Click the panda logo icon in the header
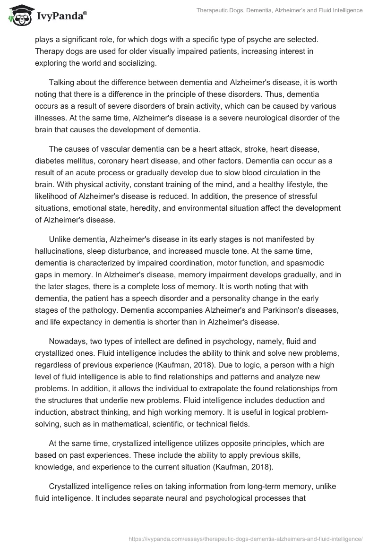click(x=18, y=16)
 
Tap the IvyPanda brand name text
click(x=60, y=17)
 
